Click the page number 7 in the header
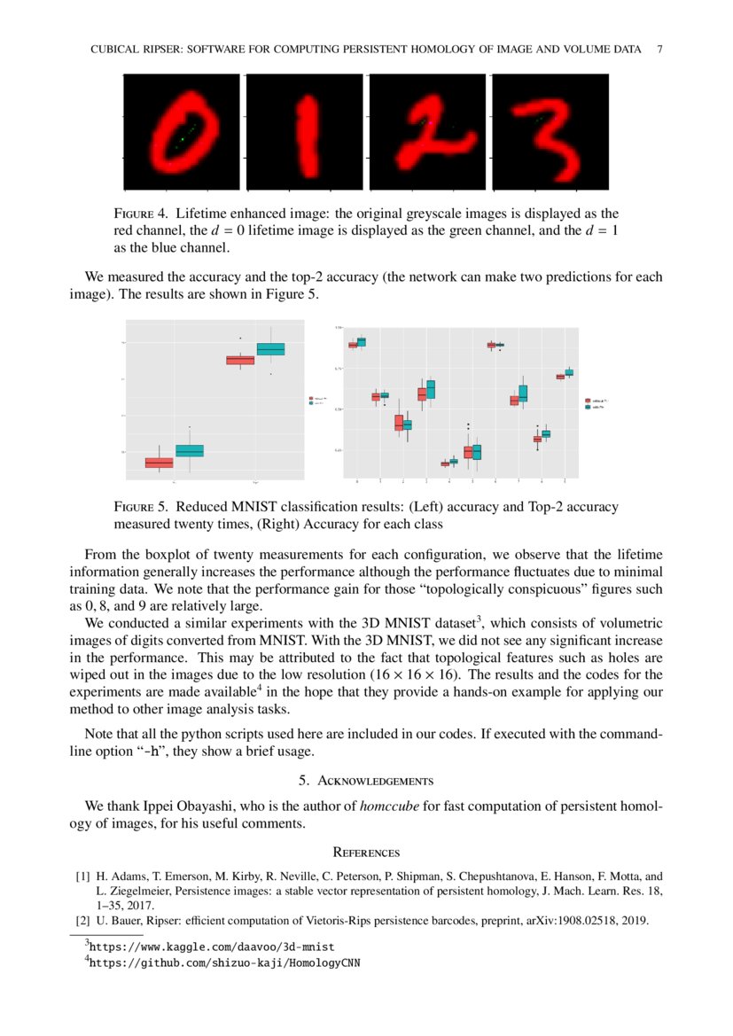659,50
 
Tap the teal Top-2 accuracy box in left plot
270,349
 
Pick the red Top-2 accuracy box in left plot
240,360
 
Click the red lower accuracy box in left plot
160,463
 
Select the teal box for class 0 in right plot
362,342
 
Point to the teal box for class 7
523,393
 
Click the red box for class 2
399,423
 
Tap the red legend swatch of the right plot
589,401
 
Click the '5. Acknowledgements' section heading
366,781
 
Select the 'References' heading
366,853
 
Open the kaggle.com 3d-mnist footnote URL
212,947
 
